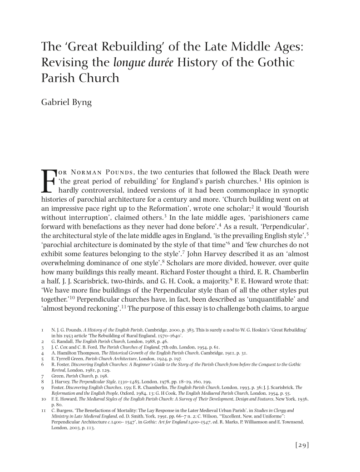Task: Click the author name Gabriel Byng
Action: pos(66,102)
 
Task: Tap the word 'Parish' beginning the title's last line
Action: pos(57,78)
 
